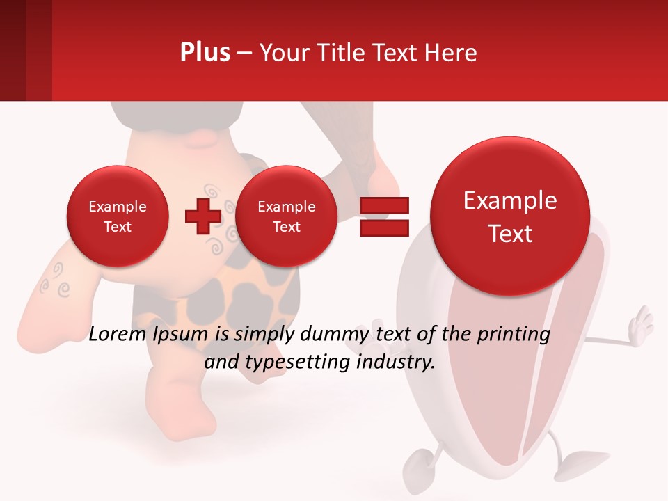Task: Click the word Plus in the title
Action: (205, 53)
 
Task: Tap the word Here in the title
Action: (450, 53)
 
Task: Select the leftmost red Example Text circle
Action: (117, 216)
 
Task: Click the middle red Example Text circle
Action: (286, 216)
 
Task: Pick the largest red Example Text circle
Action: (510, 216)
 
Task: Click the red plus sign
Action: (202, 216)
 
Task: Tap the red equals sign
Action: (384, 217)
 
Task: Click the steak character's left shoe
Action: (417, 465)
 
